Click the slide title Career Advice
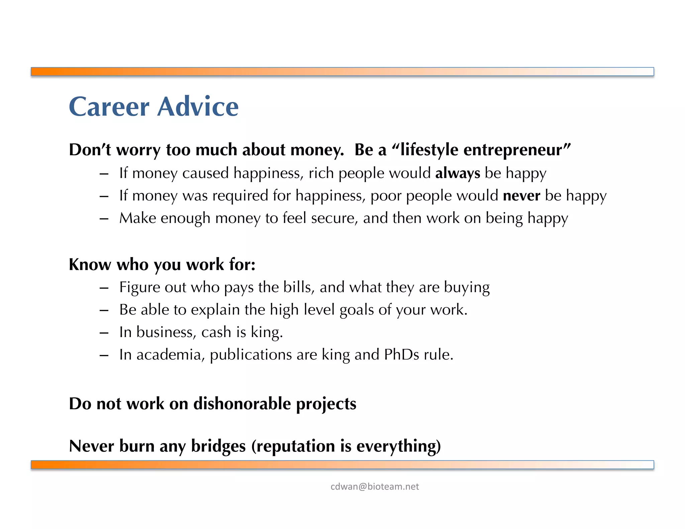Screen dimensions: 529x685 [x=154, y=106]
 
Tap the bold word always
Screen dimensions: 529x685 [x=457, y=173]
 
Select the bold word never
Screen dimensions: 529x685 [x=521, y=196]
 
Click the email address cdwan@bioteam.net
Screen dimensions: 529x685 [x=374, y=487]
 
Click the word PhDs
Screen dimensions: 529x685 [x=401, y=354]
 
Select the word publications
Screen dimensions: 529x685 [x=251, y=354]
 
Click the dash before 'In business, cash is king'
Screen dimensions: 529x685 [x=104, y=333]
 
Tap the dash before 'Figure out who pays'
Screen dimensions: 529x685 [x=104, y=288]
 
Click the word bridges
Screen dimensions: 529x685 [x=218, y=446]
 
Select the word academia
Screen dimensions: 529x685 [x=170, y=354]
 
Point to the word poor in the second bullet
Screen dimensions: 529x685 [x=386, y=196]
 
